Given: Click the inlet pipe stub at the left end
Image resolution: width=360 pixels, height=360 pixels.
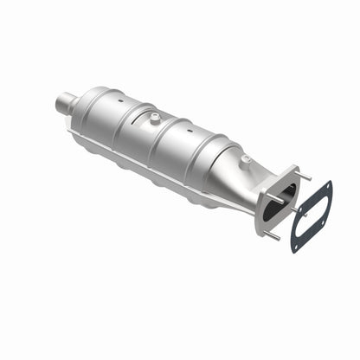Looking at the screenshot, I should [x=67, y=106].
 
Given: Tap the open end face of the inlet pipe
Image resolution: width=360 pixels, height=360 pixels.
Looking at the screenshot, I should [x=59, y=107].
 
